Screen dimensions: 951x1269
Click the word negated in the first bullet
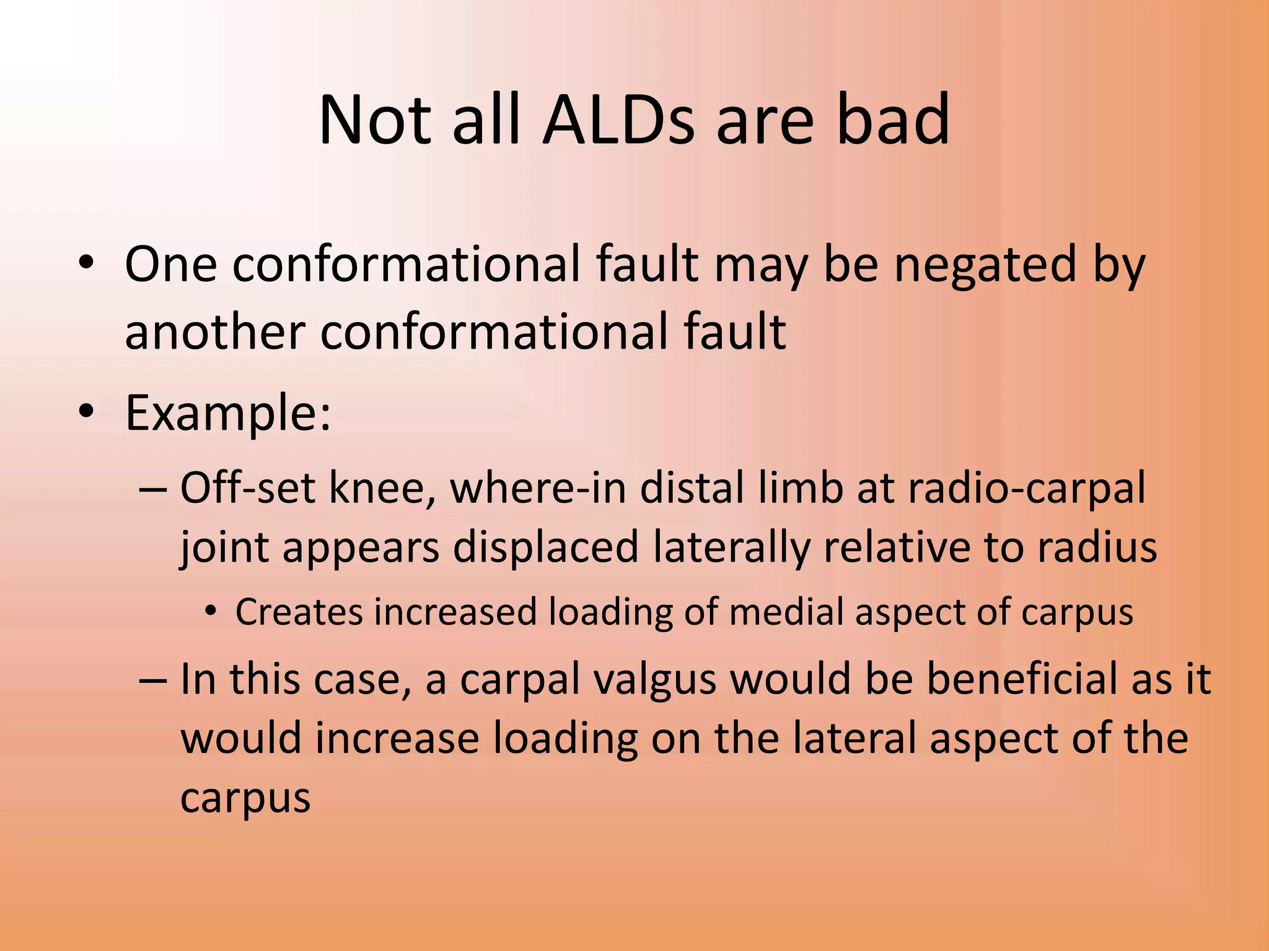pyautogui.click(x=985, y=265)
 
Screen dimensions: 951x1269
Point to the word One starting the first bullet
pyautogui.click(x=170, y=265)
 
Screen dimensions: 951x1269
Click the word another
pyautogui.click(x=214, y=332)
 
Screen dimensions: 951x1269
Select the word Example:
pyautogui.click(x=228, y=414)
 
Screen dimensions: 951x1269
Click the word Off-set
pyautogui.click(x=248, y=488)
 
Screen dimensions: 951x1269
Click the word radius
pyautogui.click(x=1097, y=547)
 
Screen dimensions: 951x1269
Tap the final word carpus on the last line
pyautogui.click(x=245, y=799)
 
